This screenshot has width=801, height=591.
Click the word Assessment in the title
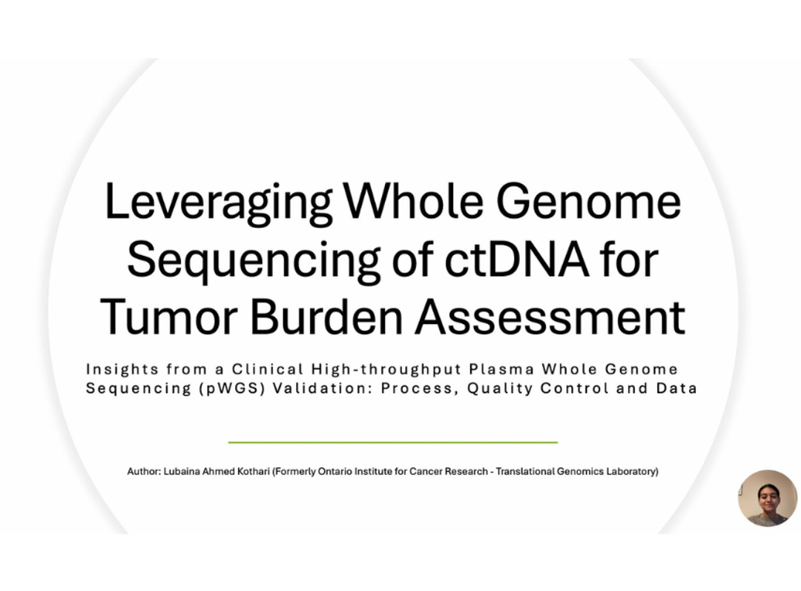point(550,317)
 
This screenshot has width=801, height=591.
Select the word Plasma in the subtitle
point(501,369)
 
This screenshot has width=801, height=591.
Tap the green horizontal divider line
point(392,442)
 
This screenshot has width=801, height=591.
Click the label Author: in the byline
point(143,472)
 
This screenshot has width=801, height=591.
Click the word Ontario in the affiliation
point(334,472)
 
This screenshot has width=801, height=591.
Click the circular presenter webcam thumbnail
point(767,498)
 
